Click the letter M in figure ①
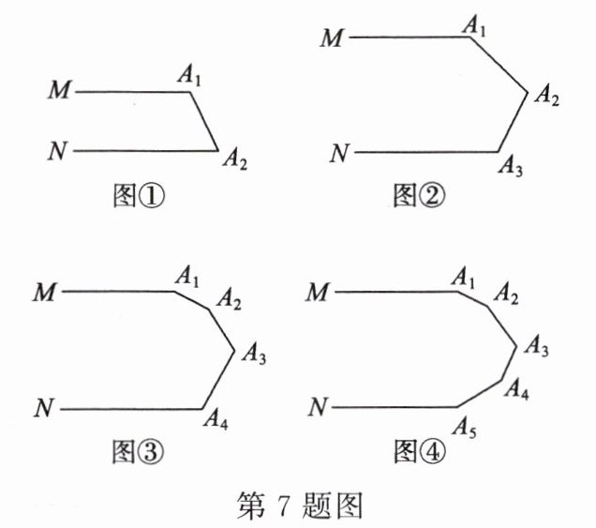60,91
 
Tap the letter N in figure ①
59,150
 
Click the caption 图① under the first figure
138,196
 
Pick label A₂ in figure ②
545,95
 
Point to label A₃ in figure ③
254,355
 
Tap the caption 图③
138,453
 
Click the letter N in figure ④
320,407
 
